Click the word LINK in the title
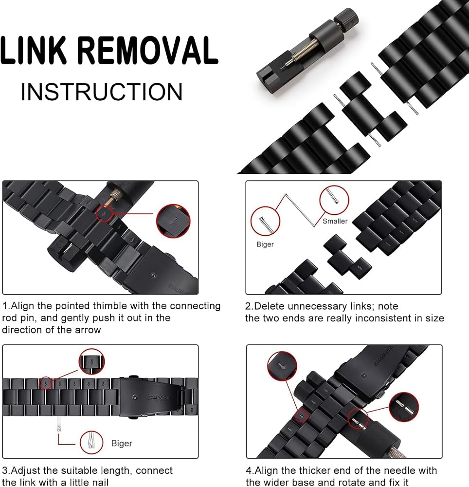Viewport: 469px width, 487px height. point(34,50)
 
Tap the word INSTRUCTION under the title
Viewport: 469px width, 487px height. point(102,92)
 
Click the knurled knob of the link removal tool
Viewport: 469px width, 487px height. point(346,18)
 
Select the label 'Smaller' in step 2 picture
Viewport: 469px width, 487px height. point(335,221)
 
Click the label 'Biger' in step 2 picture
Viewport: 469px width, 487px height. point(265,244)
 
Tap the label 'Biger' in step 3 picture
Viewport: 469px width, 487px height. point(122,443)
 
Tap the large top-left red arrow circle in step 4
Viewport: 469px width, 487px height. point(282,367)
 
